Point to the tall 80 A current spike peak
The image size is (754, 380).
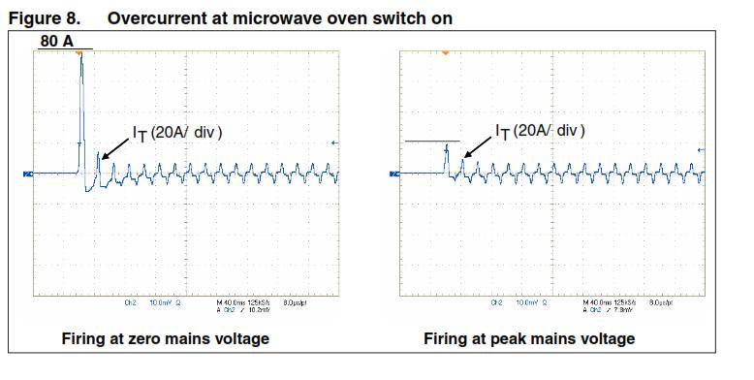pos(80,56)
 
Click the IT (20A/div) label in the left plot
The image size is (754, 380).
pos(177,132)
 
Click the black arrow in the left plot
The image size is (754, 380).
pos(113,147)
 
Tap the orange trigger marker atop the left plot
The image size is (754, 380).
pos(80,49)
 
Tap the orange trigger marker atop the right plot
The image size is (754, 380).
pos(444,49)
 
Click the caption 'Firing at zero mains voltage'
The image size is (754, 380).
pos(166,338)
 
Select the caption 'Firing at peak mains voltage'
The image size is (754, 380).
pos(529,338)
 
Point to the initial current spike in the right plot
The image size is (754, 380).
pos(445,149)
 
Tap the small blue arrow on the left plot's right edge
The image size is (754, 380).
pos(335,143)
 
